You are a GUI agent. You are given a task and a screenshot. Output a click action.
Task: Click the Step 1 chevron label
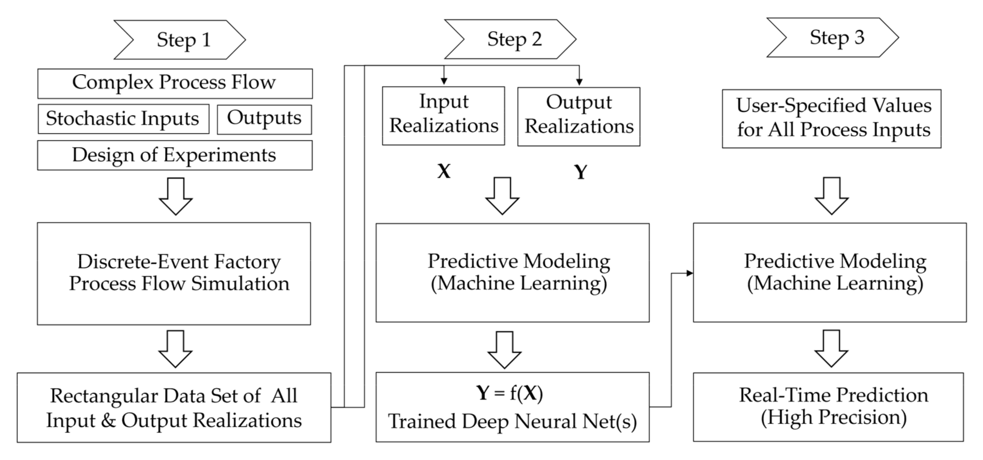pyautogui.click(x=179, y=40)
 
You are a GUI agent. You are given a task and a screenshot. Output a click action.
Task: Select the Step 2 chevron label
pyautogui.click(x=510, y=39)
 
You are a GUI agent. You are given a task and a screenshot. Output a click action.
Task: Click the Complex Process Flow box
pyautogui.click(x=175, y=83)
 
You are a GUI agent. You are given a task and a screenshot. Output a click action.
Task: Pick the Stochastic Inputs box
pyautogui.click(x=123, y=119)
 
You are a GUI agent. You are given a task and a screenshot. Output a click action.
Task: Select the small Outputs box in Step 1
pyautogui.click(x=264, y=119)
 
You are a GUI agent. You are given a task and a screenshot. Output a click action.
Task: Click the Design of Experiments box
pyautogui.click(x=175, y=155)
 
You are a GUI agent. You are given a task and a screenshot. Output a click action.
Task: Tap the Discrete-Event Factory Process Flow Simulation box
pyautogui.click(x=174, y=274)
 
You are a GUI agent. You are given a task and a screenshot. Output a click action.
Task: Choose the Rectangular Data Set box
pyautogui.click(x=174, y=407)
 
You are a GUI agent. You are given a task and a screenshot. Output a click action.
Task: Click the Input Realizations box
pyautogui.click(x=443, y=115)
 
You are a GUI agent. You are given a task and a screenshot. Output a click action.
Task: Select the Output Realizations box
pyautogui.click(x=578, y=116)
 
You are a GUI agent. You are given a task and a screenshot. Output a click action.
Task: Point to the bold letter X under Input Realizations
pyautogui.click(x=444, y=172)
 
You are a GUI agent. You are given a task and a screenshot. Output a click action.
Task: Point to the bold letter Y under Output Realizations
pyautogui.click(x=580, y=172)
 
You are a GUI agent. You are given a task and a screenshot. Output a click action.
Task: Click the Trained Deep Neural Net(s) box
pyautogui.click(x=512, y=407)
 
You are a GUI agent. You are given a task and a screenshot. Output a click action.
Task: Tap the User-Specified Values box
pyautogui.click(x=832, y=119)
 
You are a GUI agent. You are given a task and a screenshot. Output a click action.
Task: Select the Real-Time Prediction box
pyautogui.click(x=828, y=407)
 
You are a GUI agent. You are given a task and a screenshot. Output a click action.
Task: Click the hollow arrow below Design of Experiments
pyautogui.click(x=175, y=196)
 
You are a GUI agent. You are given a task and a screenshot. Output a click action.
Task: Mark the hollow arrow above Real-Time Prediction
pyautogui.click(x=832, y=349)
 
